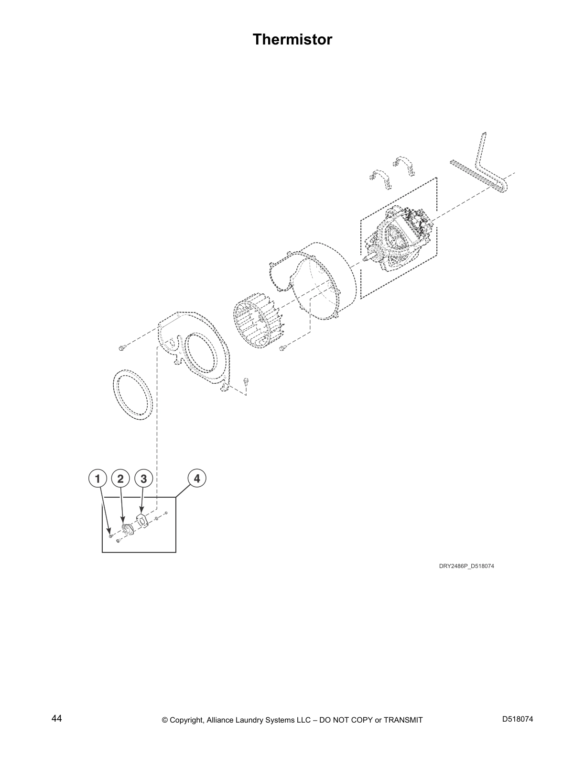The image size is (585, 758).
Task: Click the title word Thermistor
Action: [292, 39]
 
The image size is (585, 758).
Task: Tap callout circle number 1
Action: [97, 479]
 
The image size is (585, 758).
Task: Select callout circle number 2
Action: [120, 479]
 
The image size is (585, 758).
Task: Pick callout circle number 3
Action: [144, 479]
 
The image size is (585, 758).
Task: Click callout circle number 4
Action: [196, 478]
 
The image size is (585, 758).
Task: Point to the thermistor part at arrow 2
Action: [128, 529]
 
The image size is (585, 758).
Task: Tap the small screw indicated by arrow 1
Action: [111, 536]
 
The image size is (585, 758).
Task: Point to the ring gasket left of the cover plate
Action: [133, 395]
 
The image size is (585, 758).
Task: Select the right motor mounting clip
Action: [405, 165]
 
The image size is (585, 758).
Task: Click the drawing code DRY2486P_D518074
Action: [466, 567]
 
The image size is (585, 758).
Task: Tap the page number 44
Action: [56, 719]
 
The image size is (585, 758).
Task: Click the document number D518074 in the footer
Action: [518, 719]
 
